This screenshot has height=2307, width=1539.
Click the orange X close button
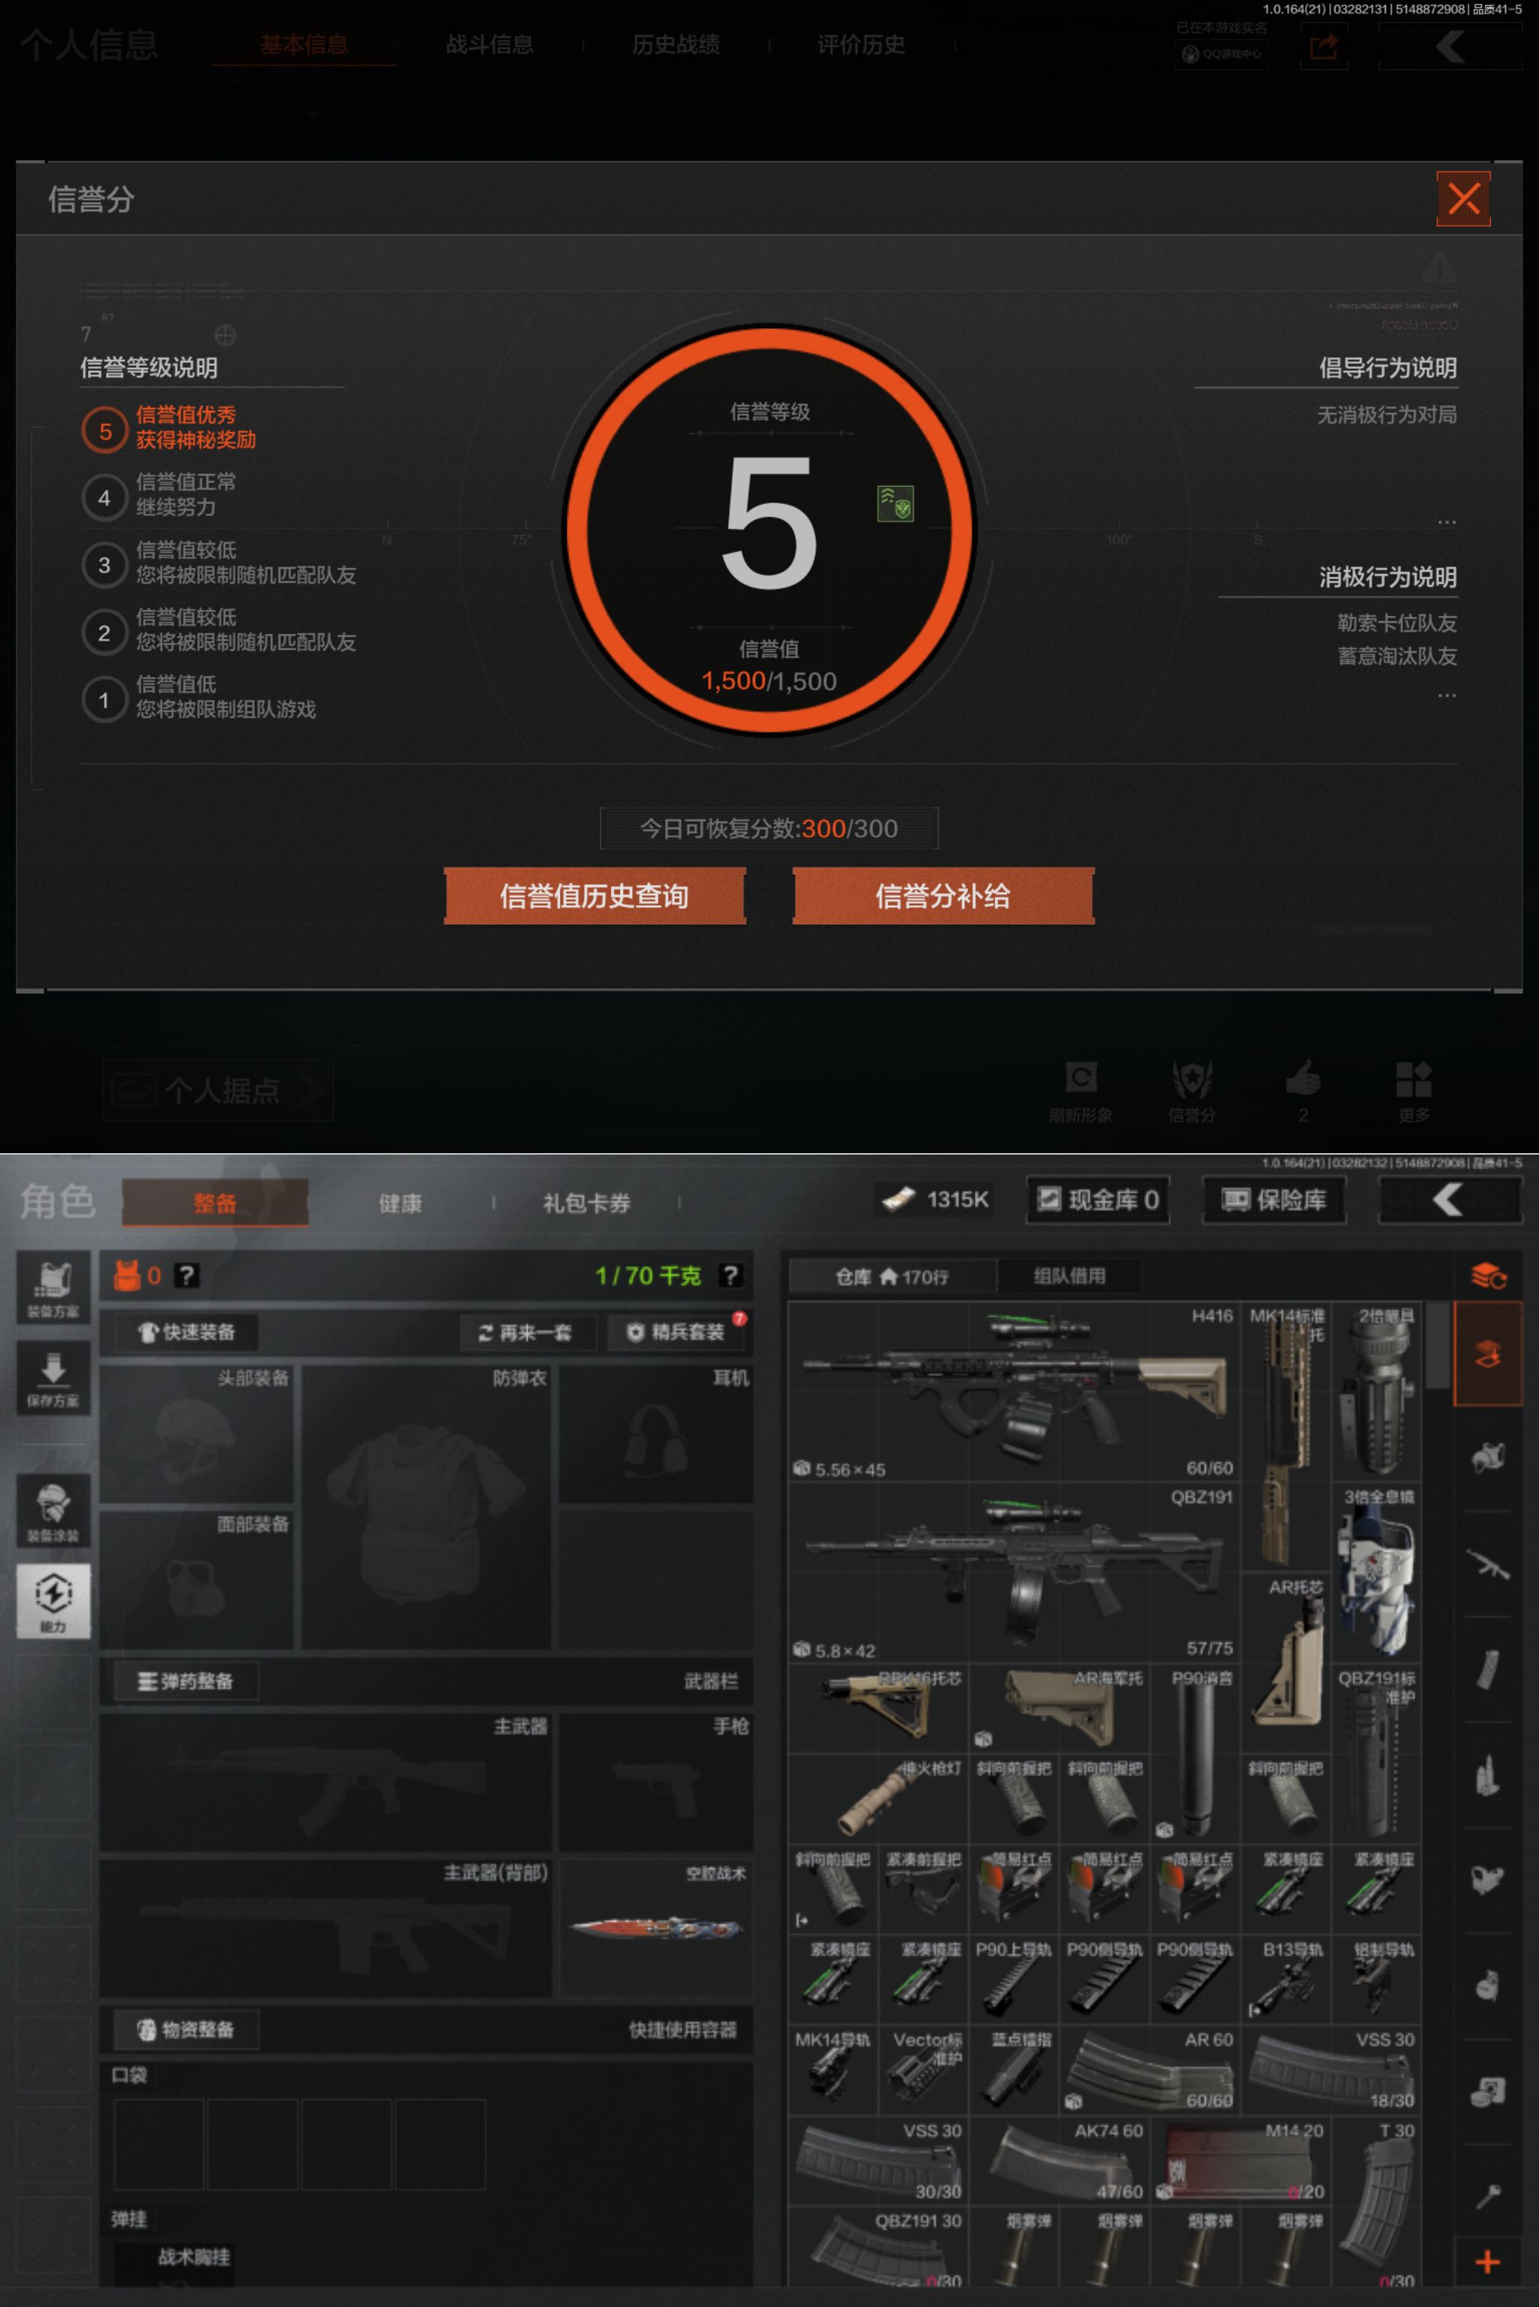[x=1462, y=198]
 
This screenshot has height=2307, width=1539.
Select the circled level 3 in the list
[x=104, y=565]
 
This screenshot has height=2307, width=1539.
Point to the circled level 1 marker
[x=104, y=699]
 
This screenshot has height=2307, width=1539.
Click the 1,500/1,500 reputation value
[x=769, y=681]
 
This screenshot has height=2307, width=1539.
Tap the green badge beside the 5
[x=895, y=503]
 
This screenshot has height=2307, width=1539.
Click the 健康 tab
[x=401, y=1203]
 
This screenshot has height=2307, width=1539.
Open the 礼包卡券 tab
[x=586, y=1203]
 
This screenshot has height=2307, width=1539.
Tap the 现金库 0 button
[x=1097, y=1199]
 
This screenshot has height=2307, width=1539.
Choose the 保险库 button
[x=1273, y=1199]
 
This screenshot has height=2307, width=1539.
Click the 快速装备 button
[x=186, y=1332]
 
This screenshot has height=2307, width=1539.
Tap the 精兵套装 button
[x=676, y=1333]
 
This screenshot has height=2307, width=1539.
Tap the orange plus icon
[x=1487, y=2261]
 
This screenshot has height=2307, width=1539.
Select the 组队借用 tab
[x=1069, y=1276]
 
